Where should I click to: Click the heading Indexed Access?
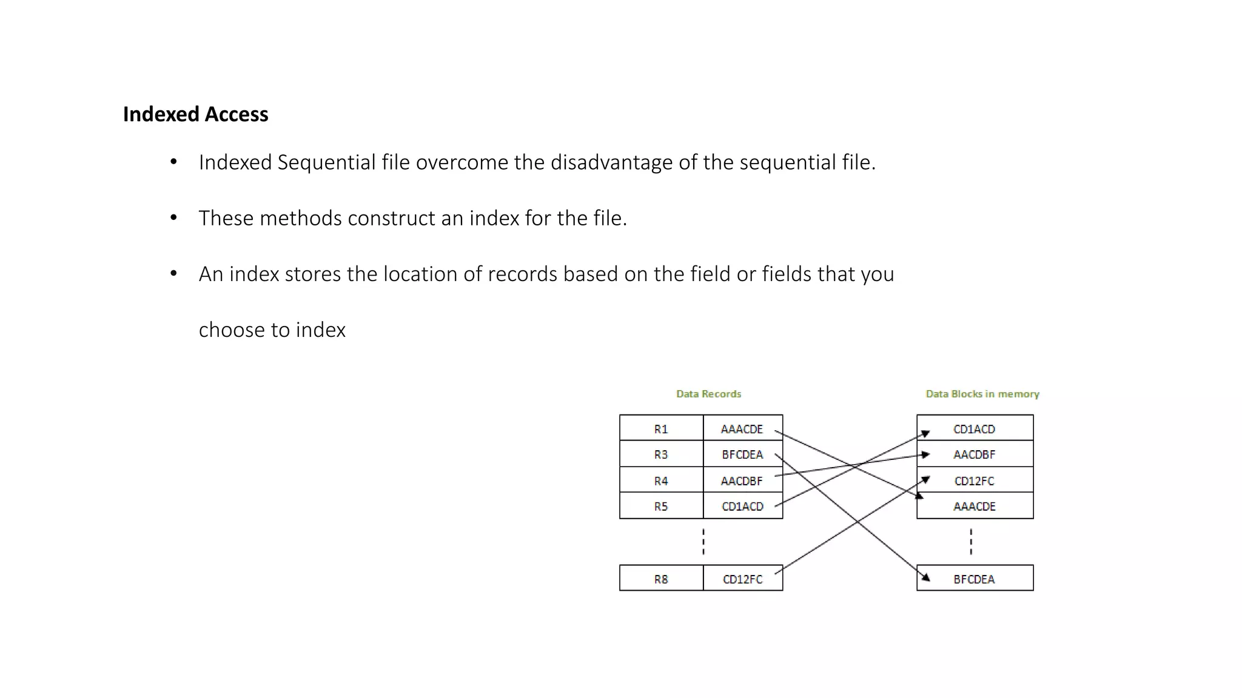(x=195, y=115)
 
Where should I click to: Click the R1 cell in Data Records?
(x=661, y=429)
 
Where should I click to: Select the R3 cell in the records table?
(x=661, y=454)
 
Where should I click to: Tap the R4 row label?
(x=661, y=481)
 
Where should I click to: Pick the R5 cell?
(x=661, y=507)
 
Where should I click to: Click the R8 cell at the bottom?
(x=661, y=579)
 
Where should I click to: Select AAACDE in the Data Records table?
(x=742, y=429)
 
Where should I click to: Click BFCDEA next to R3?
(x=742, y=454)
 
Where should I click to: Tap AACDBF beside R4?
(x=742, y=481)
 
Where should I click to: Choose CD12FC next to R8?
(x=742, y=579)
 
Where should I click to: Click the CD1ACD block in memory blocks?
(x=974, y=429)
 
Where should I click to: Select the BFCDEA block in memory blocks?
(x=974, y=579)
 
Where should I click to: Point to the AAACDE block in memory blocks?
(x=974, y=507)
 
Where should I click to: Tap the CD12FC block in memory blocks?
(x=974, y=481)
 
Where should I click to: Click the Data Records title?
(x=708, y=394)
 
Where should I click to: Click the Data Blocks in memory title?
(x=982, y=394)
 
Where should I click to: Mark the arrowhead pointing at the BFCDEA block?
(x=925, y=577)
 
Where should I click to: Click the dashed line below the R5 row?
(x=703, y=542)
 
